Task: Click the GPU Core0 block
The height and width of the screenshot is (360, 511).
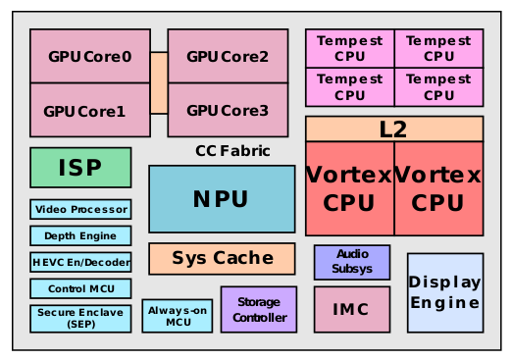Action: click(x=89, y=56)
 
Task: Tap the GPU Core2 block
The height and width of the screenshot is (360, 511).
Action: click(x=228, y=56)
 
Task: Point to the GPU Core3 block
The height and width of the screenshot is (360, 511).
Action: click(x=228, y=110)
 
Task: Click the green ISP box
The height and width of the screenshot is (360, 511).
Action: click(x=80, y=168)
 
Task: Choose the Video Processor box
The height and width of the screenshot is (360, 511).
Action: click(x=80, y=210)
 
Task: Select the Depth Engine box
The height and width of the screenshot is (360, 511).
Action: click(x=80, y=236)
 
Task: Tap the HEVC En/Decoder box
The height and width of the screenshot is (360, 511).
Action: click(x=80, y=263)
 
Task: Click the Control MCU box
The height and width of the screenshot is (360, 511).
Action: click(x=80, y=289)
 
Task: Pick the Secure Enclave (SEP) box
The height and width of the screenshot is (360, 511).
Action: click(x=80, y=319)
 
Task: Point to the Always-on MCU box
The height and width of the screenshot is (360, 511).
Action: click(x=178, y=316)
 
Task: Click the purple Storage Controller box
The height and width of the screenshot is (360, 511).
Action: click(x=259, y=310)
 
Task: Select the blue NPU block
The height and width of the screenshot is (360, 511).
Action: click(x=222, y=199)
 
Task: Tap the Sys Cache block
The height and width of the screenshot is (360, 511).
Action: click(x=222, y=259)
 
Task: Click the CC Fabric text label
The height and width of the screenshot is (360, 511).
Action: click(x=232, y=151)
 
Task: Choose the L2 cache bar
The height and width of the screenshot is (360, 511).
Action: click(x=394, y=129)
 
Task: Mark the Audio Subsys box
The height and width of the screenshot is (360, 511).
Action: click(x=352, y=262)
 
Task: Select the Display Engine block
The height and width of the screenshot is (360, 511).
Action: click(x=445, y=292)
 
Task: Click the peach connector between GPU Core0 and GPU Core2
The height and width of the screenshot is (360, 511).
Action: click(x=159, y=83)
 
